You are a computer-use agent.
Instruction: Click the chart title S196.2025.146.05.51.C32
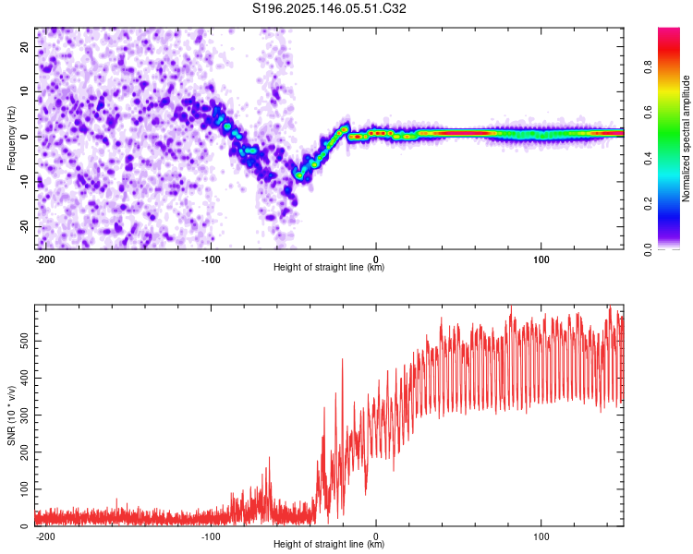click(x=329, y=8)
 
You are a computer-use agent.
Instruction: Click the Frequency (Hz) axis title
click(x=11, y=138)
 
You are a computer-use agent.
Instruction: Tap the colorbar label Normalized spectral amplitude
click(x=686, y=138)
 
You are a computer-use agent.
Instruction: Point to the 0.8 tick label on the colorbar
click(x=648, y=67)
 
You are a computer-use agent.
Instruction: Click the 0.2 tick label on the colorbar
click(x=648, y=204)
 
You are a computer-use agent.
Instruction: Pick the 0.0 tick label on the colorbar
click(x=648, y=249)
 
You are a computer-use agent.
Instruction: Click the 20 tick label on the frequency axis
click(x=24, y=46)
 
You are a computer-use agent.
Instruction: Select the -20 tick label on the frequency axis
click(x=24, y=227)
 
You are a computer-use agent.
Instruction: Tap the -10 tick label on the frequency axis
click(x=24, y=182)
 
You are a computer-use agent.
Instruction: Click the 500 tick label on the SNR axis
click(x=24, y=341)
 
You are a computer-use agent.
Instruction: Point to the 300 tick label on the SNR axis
click(x=24, y=415)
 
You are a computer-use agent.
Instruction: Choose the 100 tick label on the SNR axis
click(x=24, y=489)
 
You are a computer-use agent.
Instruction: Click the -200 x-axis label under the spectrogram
click(x=45, y=259)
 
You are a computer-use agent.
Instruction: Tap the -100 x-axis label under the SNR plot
click(x=211, y=536)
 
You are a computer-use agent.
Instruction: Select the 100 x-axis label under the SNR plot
click(x=541, y=536)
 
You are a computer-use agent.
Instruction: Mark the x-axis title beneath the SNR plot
click(x=329, y=544)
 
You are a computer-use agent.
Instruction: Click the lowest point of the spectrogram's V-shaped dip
click(x=299, y=175)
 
